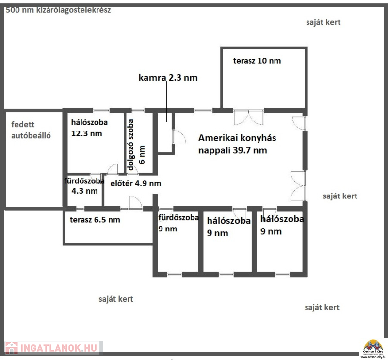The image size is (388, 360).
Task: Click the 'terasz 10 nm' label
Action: [257, 61]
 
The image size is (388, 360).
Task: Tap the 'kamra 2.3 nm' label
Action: [168, 78]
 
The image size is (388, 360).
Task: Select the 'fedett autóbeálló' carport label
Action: [31, 130]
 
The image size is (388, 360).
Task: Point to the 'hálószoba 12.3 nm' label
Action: [89, 128]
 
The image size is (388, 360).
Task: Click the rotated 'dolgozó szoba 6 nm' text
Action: [136, 145]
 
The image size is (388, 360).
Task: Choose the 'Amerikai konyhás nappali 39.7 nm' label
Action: [237, 144]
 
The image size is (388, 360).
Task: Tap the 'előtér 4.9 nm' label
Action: [136, 183]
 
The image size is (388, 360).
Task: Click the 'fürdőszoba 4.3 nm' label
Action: [84, 186]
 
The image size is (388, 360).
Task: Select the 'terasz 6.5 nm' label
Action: [95, 220]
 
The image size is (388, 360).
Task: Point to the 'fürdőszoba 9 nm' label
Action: [178, 223]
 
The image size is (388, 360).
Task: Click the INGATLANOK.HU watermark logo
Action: [53, 348]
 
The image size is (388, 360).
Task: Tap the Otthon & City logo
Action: [373, 349]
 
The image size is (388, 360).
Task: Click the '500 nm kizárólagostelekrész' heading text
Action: [58, 10]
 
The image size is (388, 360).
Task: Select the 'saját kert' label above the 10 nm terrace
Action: [323, 22]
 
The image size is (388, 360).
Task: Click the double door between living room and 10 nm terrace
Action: [249, 117]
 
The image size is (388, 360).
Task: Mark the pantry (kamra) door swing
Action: [179, 136]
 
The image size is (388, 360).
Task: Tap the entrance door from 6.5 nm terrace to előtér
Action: [135, 202]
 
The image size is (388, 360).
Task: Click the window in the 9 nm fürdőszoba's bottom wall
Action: [175, 274]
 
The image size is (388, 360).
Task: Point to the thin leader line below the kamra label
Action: [166, 101]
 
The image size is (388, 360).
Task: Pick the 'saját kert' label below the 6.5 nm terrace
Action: [116, 299]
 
